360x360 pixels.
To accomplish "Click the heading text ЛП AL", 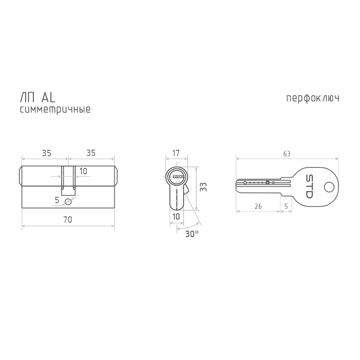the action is [x=38, y=98].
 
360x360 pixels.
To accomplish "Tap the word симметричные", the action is [x=55, y=109].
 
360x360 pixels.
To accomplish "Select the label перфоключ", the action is [x=312, y=98].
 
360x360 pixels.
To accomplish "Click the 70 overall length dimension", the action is [x=68, y=220].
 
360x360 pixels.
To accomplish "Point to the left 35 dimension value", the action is [x=46, y=153].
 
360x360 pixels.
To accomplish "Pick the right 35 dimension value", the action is [x=91, y=153].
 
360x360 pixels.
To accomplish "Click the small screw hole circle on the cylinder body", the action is [x=68, y=202].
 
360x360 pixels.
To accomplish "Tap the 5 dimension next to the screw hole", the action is [x=57, y=200].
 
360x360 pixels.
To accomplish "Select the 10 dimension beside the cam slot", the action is [x=83, y=171].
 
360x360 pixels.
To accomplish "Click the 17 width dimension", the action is [x=176, y=153].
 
